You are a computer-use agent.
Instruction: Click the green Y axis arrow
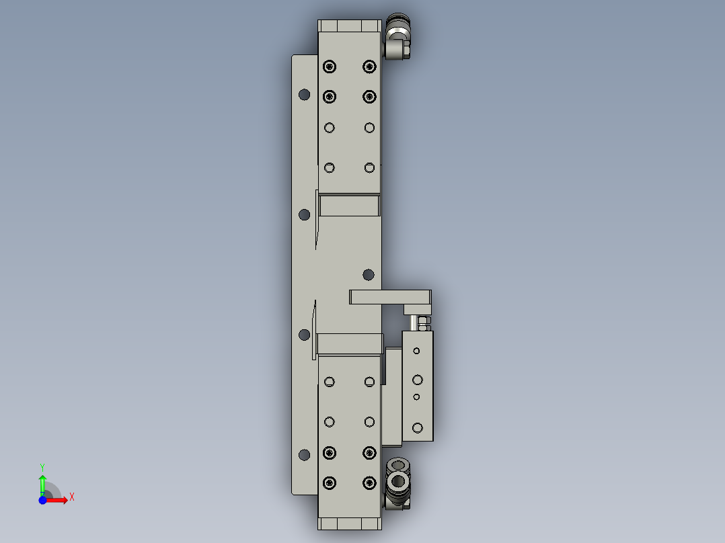click(42, 483)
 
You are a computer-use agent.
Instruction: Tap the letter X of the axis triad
click(72, 497)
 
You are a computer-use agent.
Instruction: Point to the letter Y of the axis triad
click(42, 466)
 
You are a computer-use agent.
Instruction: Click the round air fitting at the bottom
click(398, 481)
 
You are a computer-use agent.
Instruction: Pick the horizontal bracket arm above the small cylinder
click(390, 296)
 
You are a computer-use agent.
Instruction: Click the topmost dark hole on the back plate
click(304, 94)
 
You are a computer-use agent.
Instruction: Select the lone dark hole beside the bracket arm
click(368, 274)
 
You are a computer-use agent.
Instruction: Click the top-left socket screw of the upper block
click(329, 66)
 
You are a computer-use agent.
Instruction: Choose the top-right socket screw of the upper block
click(369, 66)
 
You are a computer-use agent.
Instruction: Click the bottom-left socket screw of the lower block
click(329, 483)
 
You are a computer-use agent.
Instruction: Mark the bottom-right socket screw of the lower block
click(369, 483)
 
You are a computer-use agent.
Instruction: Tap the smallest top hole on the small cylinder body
click(417, 351)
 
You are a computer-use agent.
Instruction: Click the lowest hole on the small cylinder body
click(417, 427)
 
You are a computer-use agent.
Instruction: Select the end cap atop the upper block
click(350, 26)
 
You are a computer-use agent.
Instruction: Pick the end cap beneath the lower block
click(350, 524)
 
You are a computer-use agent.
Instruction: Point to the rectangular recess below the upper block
click(350, 205)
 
